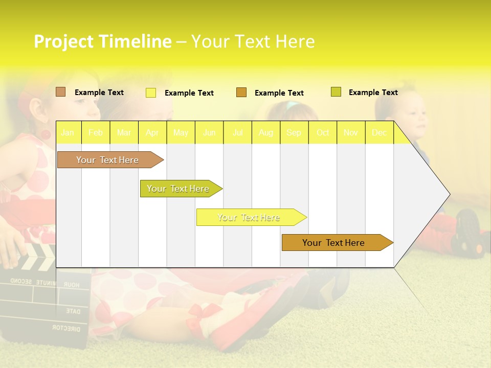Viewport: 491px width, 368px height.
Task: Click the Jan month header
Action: tap(68, 133)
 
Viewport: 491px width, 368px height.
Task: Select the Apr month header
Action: tap(152, 133)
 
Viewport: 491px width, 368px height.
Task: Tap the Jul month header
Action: tap(238, 133)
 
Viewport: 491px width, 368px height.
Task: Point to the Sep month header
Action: tap(294, 133)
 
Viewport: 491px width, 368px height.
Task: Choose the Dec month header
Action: tap(379, 133)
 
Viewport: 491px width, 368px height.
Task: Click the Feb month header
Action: tap(96, 133)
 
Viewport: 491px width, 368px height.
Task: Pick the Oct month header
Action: tap(323, 133)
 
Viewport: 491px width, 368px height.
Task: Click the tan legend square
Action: tap(60, 92)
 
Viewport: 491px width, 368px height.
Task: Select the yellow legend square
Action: tap(151, 93)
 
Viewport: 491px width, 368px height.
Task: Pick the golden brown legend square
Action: tap(241, 93)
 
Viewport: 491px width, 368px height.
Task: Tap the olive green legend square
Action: tap(336, 92)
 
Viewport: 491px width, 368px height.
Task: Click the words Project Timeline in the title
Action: tap(102, 41)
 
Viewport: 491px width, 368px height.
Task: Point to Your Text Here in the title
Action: tap(253, 41)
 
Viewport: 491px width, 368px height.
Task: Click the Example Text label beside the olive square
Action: tap(373, 93)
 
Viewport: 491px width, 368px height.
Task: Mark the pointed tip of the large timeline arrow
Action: tap(449, 194)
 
